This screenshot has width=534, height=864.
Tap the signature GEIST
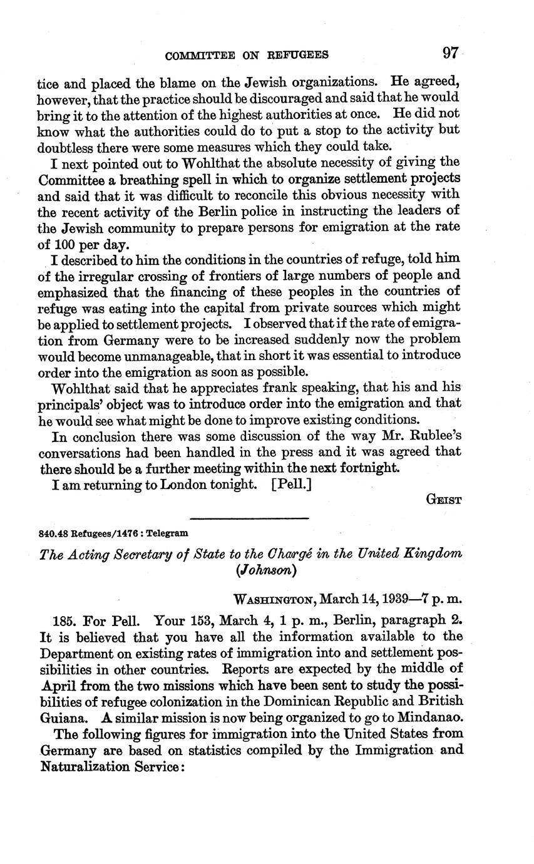[444, 500]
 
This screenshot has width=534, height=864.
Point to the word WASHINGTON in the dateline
[274, 599]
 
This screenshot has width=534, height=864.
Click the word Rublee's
[435, 436]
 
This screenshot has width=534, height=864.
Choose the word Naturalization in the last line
[85, 766]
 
